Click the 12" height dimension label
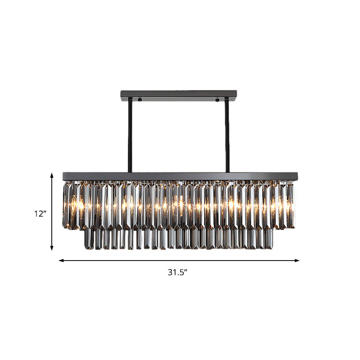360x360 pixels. pos(40,214)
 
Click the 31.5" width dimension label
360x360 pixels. pos(177,272)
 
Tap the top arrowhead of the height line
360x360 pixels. pos(52,175)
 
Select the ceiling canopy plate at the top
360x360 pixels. pos(179,95)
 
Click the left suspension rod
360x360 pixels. pos(130,135)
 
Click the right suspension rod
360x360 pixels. pos(227,135)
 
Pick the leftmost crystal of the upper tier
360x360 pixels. pos(66,205)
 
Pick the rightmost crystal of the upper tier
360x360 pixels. pos(291,205)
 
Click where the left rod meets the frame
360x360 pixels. pos(130,171)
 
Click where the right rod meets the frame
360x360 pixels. pos(227,171)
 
